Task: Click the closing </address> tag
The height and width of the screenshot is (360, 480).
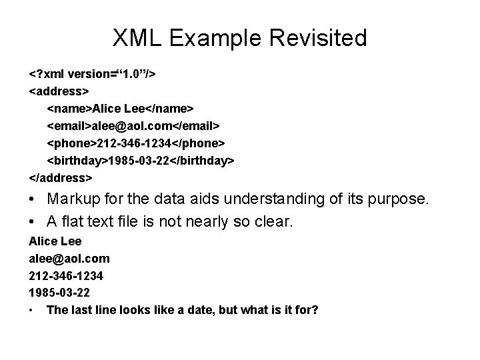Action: pos(61,178)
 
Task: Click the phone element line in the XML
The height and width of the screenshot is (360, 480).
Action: pos(136,143)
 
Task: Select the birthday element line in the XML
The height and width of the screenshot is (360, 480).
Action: pos(141,161)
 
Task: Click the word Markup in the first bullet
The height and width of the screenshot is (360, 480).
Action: pos(75,199)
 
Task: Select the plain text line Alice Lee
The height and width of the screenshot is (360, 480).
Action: pos(55,241)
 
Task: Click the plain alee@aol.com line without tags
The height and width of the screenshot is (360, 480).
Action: pos(69,258)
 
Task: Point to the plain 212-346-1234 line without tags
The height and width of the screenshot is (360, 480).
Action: pos(66,275)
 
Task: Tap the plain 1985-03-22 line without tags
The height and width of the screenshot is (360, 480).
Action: pos(59,293)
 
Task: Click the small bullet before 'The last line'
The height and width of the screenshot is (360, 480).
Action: pos(32,311)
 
